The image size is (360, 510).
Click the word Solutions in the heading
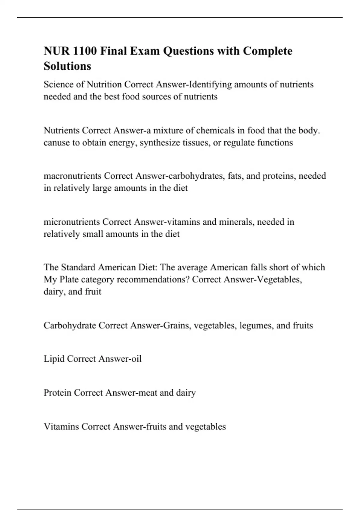(x=67, y=66)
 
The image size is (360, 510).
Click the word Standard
(x=78, y=267)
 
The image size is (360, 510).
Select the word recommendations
(x=153, y=280)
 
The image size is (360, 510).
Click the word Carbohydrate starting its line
(x=70, y=325)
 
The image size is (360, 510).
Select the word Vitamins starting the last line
(x=61, y=427)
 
